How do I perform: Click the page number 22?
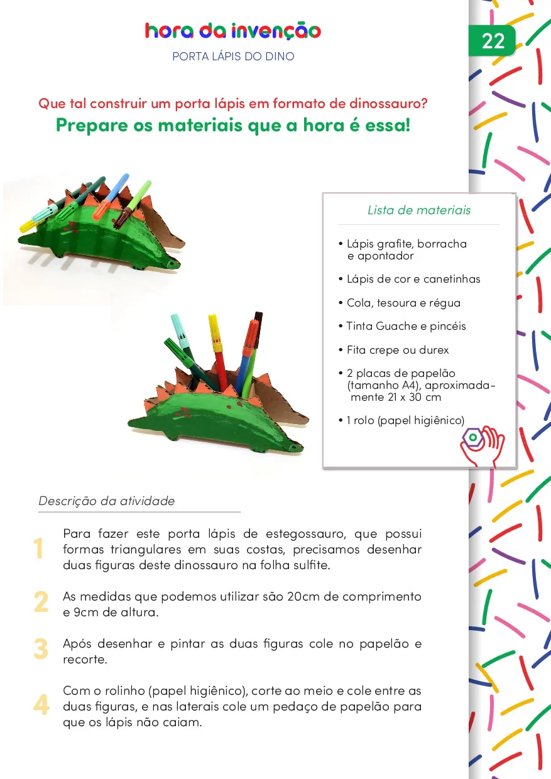(493, 41)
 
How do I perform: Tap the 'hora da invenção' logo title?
(232, 31)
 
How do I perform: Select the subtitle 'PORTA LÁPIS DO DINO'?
(233, 57)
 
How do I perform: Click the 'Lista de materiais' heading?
(418, 210)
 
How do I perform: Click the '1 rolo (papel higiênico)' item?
(405, 420)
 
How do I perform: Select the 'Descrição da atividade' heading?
(107, 501)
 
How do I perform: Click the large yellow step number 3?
(41, 649)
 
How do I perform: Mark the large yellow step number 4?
(41, 705)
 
